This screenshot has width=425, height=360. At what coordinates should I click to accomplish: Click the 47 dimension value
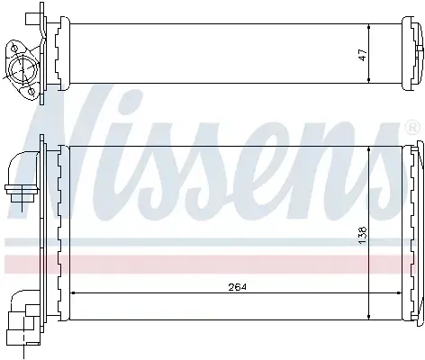click(x=363, y=55)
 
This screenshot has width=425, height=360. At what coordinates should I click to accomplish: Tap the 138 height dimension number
click(x=362, y=235)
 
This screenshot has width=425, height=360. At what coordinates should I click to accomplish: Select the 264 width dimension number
click(x=237, y=287)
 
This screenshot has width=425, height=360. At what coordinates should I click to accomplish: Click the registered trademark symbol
click(x=412, y=128)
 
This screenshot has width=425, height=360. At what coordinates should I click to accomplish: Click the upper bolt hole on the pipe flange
click(x=14, y=48)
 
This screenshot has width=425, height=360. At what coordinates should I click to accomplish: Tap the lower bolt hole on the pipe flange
click(x=31, y=90)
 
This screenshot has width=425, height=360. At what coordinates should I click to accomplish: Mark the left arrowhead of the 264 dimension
click(x=72, y=292)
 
